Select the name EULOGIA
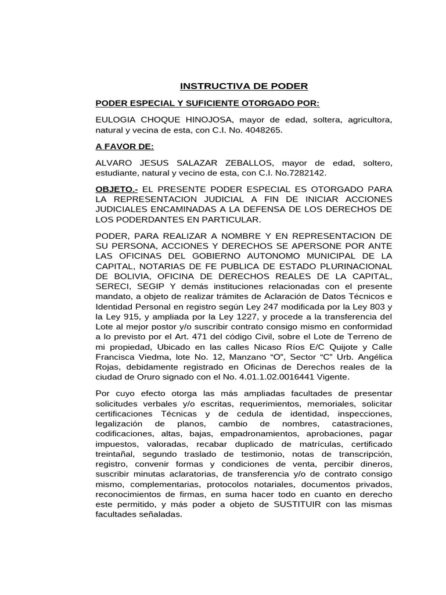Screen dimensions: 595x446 [116, 120]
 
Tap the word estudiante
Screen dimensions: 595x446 [117, 173]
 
